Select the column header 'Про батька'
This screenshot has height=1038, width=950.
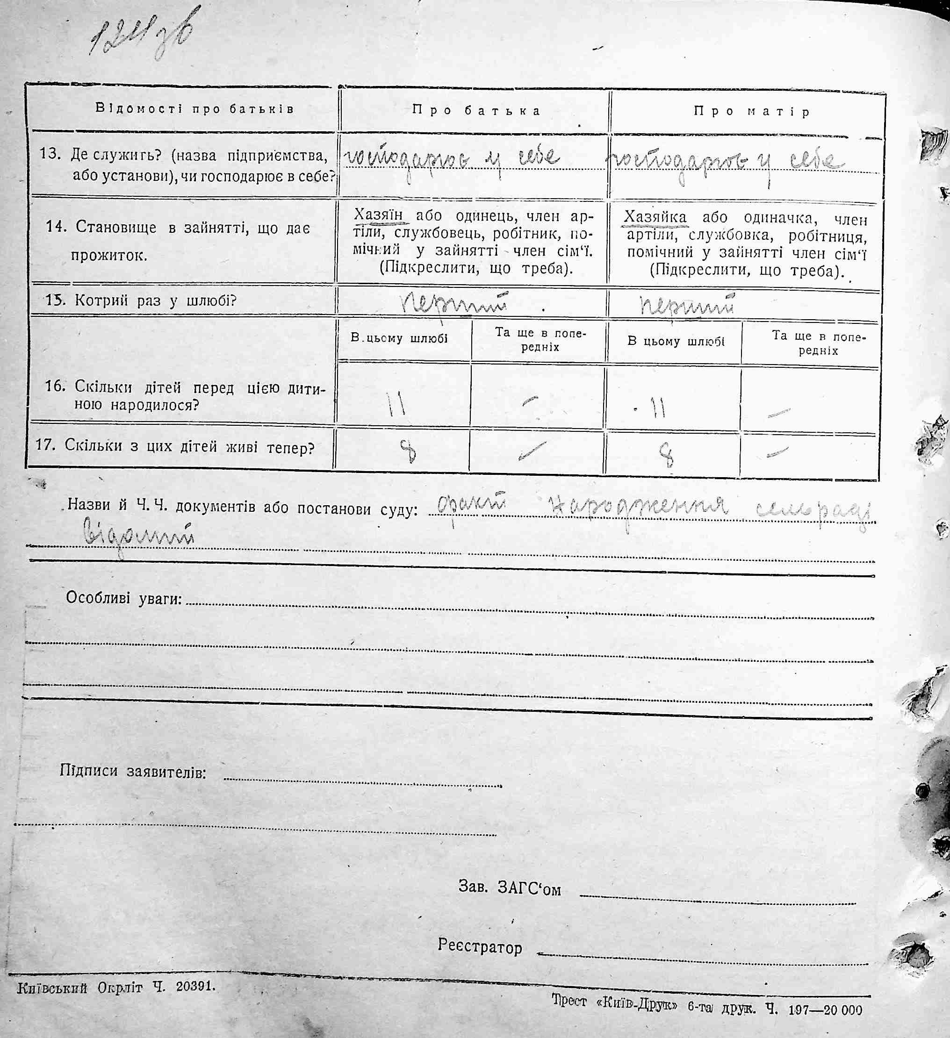pyautogui.click(x=476, y=111)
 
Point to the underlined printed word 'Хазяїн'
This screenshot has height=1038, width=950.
pyautogui.click(x=378, y=214)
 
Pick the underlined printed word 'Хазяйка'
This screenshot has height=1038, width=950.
pyautogui.click(x=655, y=217)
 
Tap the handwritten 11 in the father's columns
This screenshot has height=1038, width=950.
pyautogui.click(x=397, y=405)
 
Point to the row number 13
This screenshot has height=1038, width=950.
pyautogui.click(x=50, y=153)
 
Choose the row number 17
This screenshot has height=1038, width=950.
pyautogui.click(x=45, y=444)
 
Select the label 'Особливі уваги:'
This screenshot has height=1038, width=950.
pyautogui.click(x=123, y=599)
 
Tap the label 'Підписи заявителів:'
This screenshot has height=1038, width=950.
pyautogui.click(x=133, y=771)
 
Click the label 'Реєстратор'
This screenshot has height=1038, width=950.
pyautogui.click(x=480, y=945)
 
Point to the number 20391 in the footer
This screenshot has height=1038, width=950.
pyautogui.click(x=195, y=986)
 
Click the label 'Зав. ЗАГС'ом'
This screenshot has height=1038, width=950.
pyautogui.click(x=509, y=888)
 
